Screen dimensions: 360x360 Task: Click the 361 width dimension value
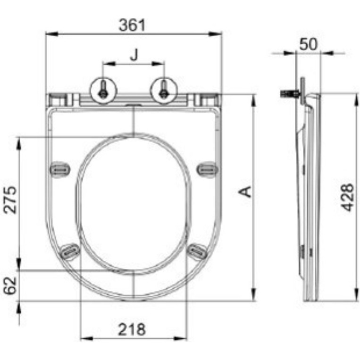click(x=132, y=25)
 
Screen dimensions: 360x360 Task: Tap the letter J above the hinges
click(x=134, y=55)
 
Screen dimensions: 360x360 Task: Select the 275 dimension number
click(x=10, y=200)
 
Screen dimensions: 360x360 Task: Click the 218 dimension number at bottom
click(x=132, y=329)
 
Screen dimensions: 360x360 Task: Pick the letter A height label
click(x=245, y=192)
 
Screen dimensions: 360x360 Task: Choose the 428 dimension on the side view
click(x=347, y=197)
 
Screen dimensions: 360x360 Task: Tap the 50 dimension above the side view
click(x=309, y=44)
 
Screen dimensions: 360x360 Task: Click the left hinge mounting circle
click(x=103, y=90)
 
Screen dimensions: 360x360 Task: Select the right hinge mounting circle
click(x=164, y=90)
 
